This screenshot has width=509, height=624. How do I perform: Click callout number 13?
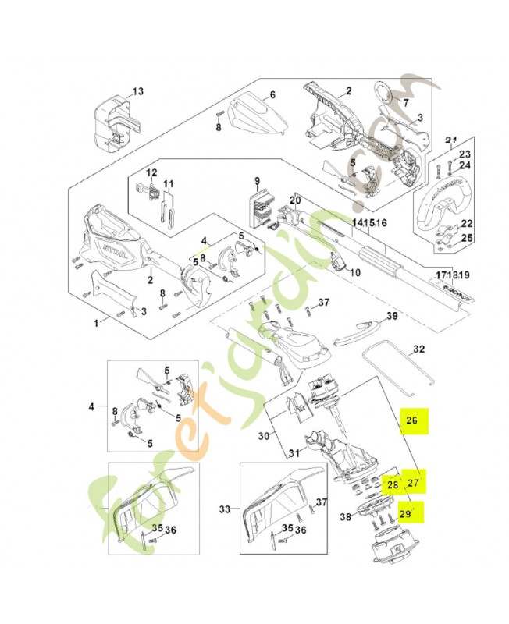pos(137,91)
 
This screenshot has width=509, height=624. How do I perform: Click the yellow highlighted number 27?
pos(414,483)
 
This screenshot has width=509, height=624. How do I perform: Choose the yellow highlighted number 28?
pos(393,485)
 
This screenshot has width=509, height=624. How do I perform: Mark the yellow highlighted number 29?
pos(404,513)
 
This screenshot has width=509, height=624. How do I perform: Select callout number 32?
pos(418,349)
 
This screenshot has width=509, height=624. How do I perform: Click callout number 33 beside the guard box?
pos(226,509)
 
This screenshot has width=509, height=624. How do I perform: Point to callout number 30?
pos(262,436)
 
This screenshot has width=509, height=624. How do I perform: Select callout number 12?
pos(152,172)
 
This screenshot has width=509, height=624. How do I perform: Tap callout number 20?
pos(294,200)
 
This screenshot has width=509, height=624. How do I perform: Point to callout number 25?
pos(466,238)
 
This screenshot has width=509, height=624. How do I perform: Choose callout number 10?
pos(355,273)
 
